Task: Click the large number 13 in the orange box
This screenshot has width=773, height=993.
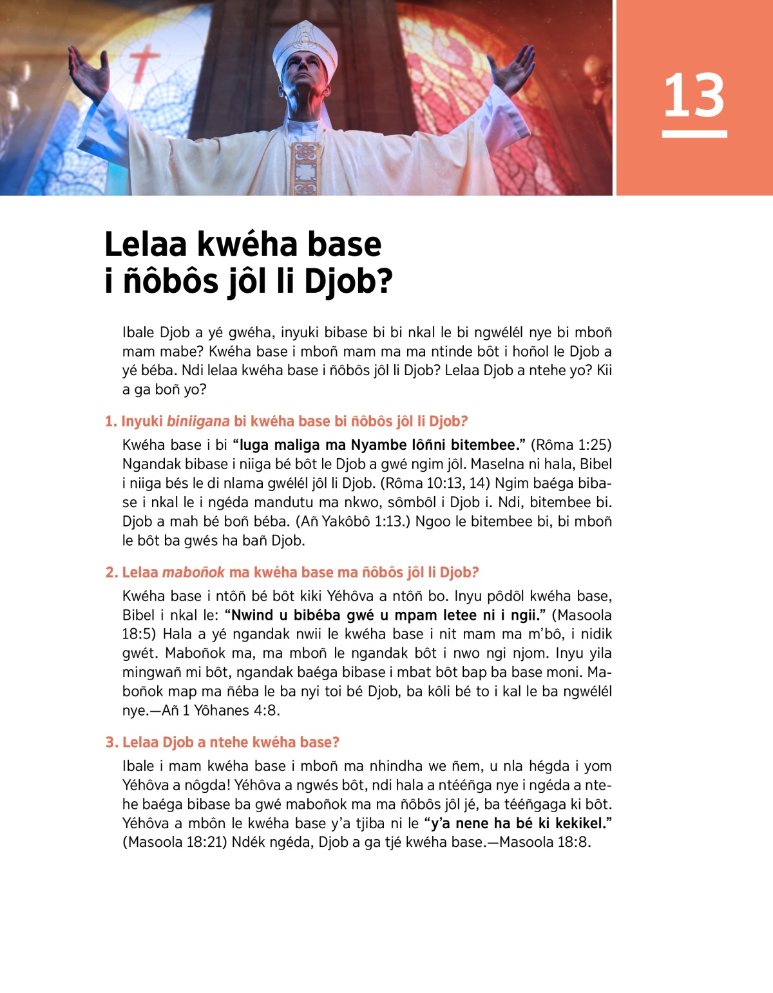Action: click(x=694, y=95)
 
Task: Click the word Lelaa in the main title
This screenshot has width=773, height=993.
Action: click(x=146, y=245)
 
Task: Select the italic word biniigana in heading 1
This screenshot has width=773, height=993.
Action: click(x=198, y=422)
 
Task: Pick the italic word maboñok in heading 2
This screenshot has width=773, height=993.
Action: click(x=193, y=573)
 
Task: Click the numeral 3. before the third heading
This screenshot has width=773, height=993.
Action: click(x=112, y=743)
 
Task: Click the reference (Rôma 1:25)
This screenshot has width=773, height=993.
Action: click(x=571, y=445)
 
